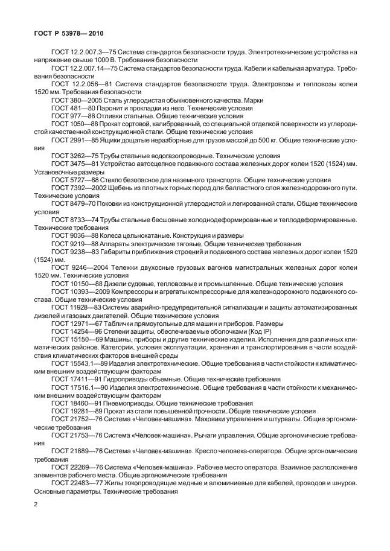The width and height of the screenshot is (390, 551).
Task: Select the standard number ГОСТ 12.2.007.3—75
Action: (85, 53)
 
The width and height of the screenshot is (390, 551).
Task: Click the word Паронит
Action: (117, 107)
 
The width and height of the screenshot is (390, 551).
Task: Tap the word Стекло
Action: (118, 179)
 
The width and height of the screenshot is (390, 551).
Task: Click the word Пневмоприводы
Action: (132, 403)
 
